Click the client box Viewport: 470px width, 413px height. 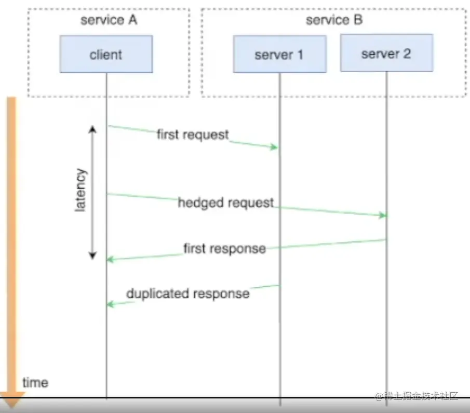click(x=106, y=54)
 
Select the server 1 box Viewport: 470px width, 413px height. click(x=279, y=54)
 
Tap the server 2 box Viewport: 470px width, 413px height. click(x=386, y=53)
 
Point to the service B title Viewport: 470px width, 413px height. click(x=334, y=20)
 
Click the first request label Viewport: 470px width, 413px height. click(x=193, y=135)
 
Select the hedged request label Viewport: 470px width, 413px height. click(x=226, y=203)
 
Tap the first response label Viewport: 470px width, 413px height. click(x=224, y=248)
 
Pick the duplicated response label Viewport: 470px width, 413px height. click(x=188, y=294)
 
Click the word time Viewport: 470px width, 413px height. click(x=35, y=383)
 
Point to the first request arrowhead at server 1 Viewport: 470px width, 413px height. click(x=276, y=148)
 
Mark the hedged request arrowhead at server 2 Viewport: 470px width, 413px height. click(x=383, y=215)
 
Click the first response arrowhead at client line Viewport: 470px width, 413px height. click(x=110, y=259)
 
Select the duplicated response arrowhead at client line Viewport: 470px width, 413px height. click(x=110, y=304)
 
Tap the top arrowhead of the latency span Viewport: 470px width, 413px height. click(x=92, y=128)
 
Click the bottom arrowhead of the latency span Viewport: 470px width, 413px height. click(x=92, y=256)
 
